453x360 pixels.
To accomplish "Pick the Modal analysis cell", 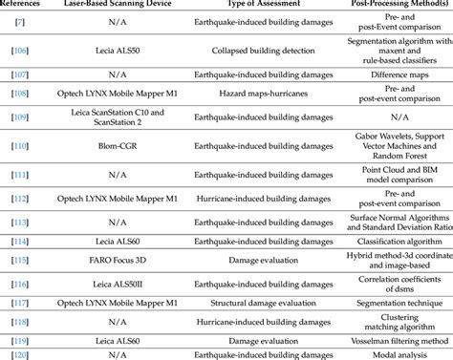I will (x=391, y=352).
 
